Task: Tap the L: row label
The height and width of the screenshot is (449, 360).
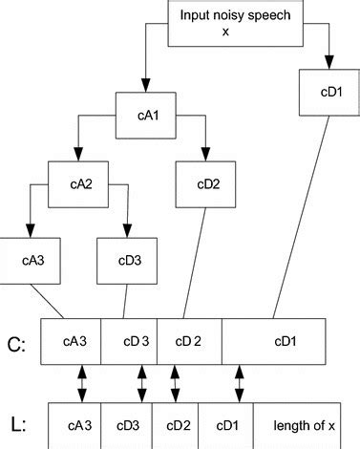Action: (16, 421)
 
